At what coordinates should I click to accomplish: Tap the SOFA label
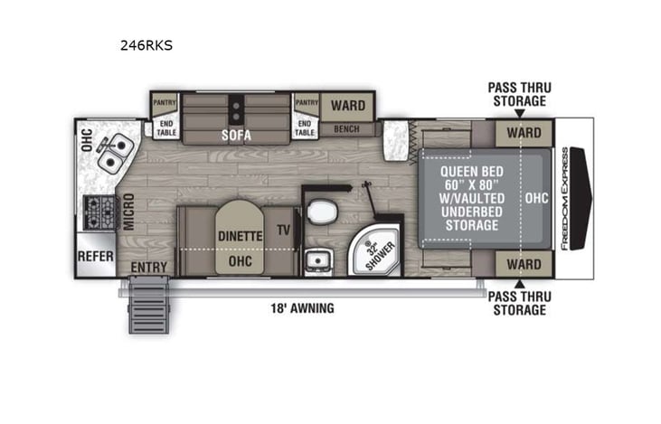point(238,137)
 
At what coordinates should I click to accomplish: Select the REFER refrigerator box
point(95,256)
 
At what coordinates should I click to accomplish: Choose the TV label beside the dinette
point(284,231)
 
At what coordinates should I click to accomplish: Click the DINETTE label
point(240,236)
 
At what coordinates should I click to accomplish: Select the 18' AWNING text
point(303,308)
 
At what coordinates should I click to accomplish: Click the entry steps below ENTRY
point(148,306)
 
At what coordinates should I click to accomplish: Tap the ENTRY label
point(149,268)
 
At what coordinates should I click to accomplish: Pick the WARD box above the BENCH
point(347,106)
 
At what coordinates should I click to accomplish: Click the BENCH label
point(345,129)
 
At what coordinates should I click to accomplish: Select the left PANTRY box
point(164,103)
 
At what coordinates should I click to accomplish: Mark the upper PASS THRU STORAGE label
point(519,94)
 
